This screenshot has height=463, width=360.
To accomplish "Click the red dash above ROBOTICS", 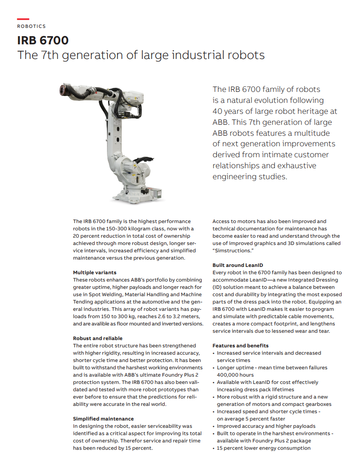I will coord(23,19).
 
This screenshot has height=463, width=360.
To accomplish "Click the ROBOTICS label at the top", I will coord(31,27).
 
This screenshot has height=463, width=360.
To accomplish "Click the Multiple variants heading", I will coord(95,272).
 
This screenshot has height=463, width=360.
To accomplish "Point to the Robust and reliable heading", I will coord(98,338).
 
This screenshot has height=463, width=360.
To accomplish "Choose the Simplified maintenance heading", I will coord(103,419).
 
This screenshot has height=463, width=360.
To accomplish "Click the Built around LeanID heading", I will coord(237,265).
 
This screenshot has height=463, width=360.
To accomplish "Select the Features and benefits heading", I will coord(240,346).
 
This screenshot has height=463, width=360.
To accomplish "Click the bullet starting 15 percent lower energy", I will coord(263,448).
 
